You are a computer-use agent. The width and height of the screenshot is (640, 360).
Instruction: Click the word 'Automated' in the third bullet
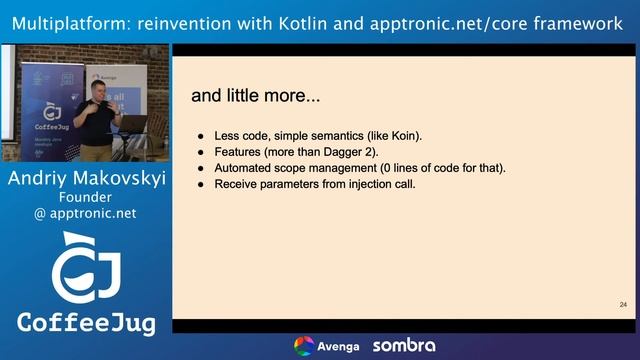[x=247, y=168]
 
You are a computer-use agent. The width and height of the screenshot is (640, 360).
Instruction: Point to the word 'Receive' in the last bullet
[x=240, y=184]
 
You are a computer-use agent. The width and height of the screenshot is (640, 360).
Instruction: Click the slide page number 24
[x=623, y=304]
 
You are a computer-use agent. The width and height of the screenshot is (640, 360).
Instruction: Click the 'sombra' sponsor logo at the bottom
[x=404, y=346]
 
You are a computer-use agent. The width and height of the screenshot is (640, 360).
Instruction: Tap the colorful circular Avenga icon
[x=304, y=346]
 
